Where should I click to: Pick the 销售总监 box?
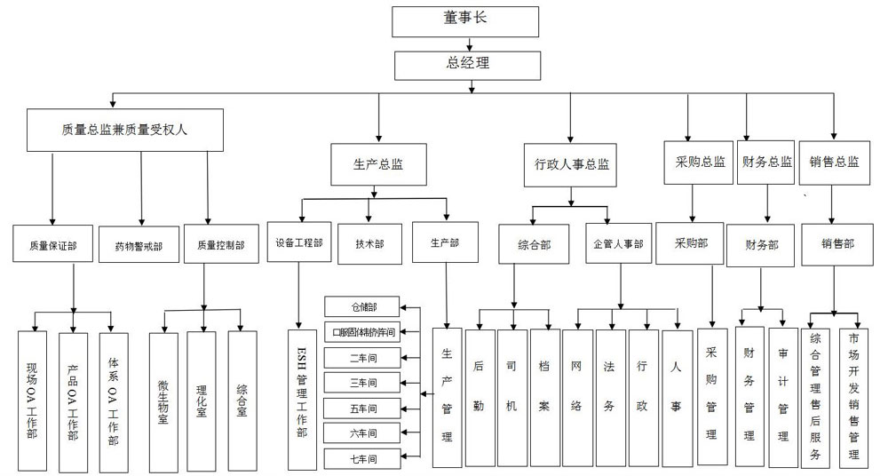(834, 163)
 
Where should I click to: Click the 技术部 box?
(369, 243)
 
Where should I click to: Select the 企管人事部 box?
(618, 244)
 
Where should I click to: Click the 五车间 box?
(363, 409)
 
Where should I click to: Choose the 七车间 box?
(363, 459)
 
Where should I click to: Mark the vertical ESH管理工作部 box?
(303, 400)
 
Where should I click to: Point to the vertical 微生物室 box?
(163, 401)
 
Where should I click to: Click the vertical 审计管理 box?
(782, 396)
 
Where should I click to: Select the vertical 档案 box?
(544, 396)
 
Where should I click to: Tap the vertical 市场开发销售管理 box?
(853, 396)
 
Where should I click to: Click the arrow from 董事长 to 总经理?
(464, 44)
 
